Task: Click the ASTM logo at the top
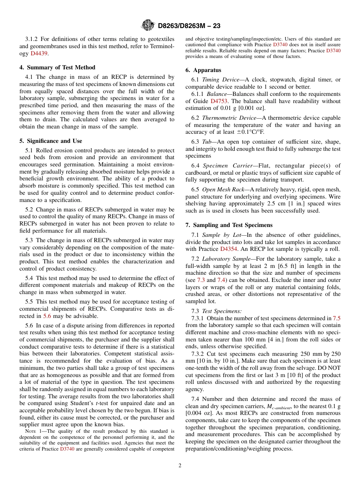click(x=148, y=26)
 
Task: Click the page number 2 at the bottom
click(x=180, y=466)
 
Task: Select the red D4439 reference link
click(x=39, y=53)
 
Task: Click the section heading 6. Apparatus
click(x=203, y=70)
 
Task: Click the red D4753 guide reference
click(x=219, y=101)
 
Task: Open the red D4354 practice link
click(x=228, y=249)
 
